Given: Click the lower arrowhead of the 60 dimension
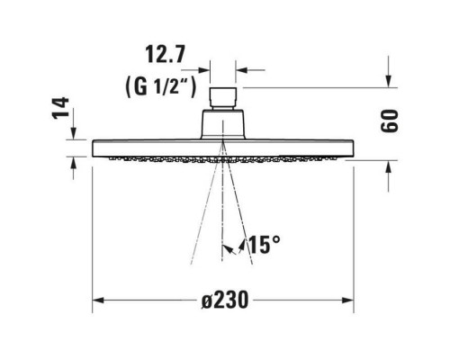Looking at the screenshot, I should click(388, 164).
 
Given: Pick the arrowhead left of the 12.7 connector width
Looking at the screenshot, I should click(204, 67).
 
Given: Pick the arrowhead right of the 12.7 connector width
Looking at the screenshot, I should click(242, 67).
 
